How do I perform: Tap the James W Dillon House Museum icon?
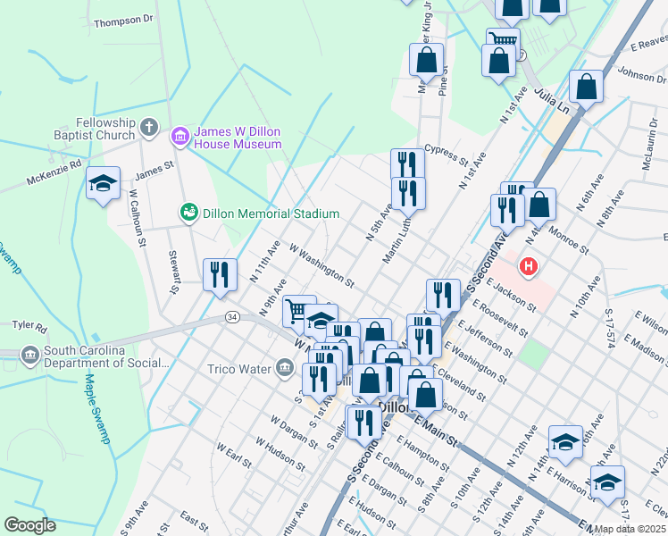coord(178,136)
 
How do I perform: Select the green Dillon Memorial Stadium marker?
coord(188,213)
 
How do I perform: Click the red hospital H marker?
coord(529,265)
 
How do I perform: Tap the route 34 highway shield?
coord(232,316)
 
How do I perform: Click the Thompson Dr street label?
coord(123,20)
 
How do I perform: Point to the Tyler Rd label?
coord(29,327)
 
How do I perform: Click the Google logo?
coord(29,525)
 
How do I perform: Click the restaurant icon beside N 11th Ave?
coord(220,274)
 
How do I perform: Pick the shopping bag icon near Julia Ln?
coord(586,88)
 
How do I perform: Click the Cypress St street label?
coord(446,149)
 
